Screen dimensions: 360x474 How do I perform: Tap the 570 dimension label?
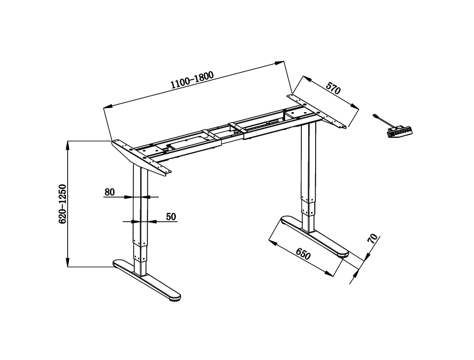[x=333, y=87]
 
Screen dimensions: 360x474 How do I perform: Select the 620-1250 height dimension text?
[x=62, y=204]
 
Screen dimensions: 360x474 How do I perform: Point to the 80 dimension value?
[x=109, y=192]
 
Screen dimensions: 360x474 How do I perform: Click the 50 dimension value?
[x=171, y=216]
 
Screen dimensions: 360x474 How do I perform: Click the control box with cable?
[x=399, y=131]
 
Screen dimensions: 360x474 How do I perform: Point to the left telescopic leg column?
[x=140, y=221]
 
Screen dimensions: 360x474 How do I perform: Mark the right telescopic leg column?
[x=308, y=178]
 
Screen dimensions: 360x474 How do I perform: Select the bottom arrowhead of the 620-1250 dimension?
[x=68, y=262]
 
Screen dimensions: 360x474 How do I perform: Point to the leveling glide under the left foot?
[x=173, y=301]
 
